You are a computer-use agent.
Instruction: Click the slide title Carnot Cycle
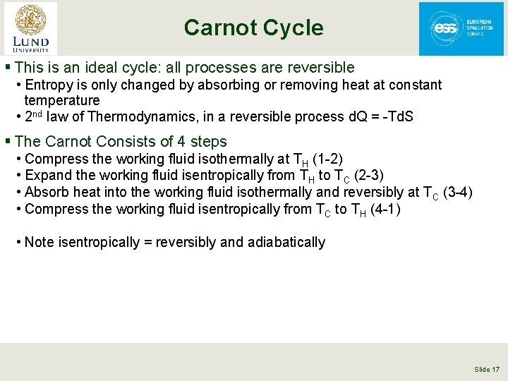tap(253, 28)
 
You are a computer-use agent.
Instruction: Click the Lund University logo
tap(30, 28)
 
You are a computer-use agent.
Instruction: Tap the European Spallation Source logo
tap(461, 28)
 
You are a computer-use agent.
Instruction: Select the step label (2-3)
tap(368, 175)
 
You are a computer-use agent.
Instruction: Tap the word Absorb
tap(44, 192)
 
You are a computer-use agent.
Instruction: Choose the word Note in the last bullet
tap(40, 243)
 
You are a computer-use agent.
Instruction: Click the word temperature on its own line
tap(62, 100)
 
